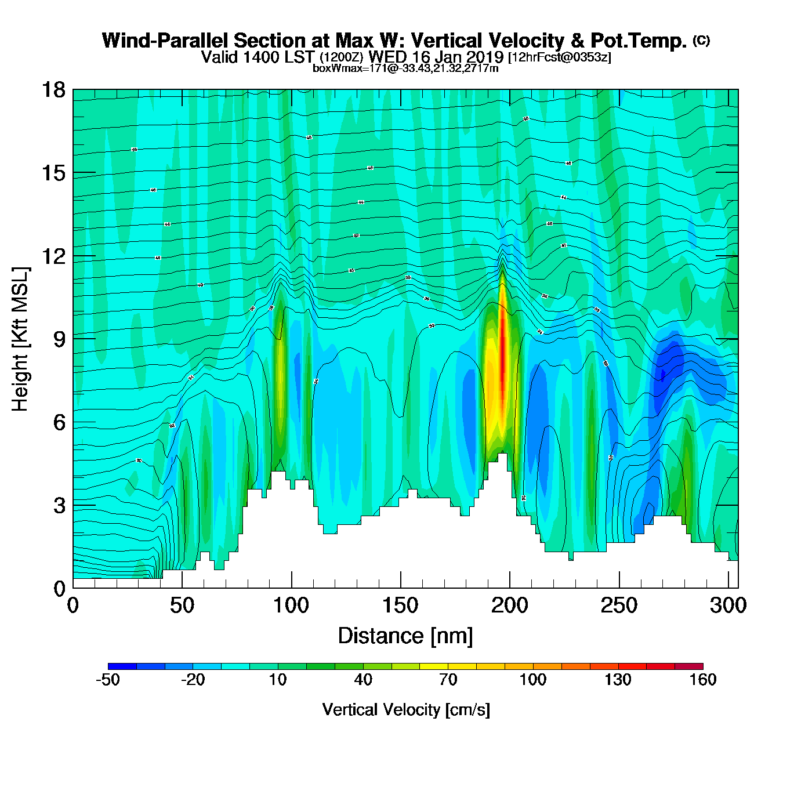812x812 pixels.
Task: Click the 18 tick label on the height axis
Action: [53, 90]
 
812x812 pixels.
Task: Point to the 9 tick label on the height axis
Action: [59, 339]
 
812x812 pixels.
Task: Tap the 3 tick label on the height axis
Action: [59, 506]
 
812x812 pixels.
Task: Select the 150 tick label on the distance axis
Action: [400, 606]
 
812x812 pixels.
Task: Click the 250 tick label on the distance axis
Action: [619, 606]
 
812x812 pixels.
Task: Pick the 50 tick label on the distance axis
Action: [182, 606]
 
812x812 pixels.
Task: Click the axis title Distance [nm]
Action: [405, 636]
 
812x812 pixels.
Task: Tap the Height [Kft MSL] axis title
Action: [20, 339]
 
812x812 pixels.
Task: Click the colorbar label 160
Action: [702, 680]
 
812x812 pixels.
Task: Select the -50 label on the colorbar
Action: [108, 680]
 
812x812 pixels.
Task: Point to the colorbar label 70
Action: [448, 680]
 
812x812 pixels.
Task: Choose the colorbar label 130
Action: [618, 680]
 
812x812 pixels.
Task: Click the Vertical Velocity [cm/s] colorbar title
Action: [406, 710]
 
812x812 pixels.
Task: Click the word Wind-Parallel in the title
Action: [166, 41]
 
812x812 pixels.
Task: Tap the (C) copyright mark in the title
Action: [701, 40]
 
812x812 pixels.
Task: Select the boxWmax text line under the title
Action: [405, 68]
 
